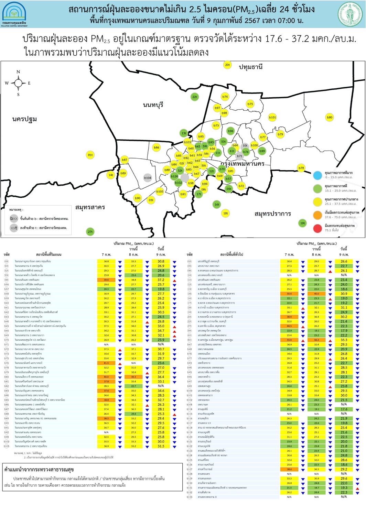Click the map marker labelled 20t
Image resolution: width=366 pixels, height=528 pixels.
[x=227, y=65]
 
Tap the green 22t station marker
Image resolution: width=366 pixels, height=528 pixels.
[x=195, y=97]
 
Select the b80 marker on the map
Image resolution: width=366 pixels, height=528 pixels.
[x=330, y=118]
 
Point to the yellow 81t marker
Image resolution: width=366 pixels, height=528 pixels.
[x=90, y=155]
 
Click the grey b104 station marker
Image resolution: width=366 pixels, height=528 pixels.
[x=148, y=178]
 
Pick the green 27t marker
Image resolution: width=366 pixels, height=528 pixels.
[x=90, y=232]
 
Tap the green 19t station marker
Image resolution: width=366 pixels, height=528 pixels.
[x=302, y=223]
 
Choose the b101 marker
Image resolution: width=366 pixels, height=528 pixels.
[x=272, y=118]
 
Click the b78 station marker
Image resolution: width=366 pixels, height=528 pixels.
[x=301, y=168]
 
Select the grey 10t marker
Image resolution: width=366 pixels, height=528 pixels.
[x=245, y=146]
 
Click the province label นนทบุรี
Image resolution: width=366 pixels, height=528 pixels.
[x=153, y=105]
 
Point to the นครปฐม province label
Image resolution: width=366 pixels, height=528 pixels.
[x=24, y=119]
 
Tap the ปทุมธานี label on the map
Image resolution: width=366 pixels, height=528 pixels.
[x=251, y=67]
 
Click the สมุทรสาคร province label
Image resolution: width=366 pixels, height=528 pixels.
[x=90, y=207]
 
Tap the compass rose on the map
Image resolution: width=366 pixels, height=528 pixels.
[x=18, y=83]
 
